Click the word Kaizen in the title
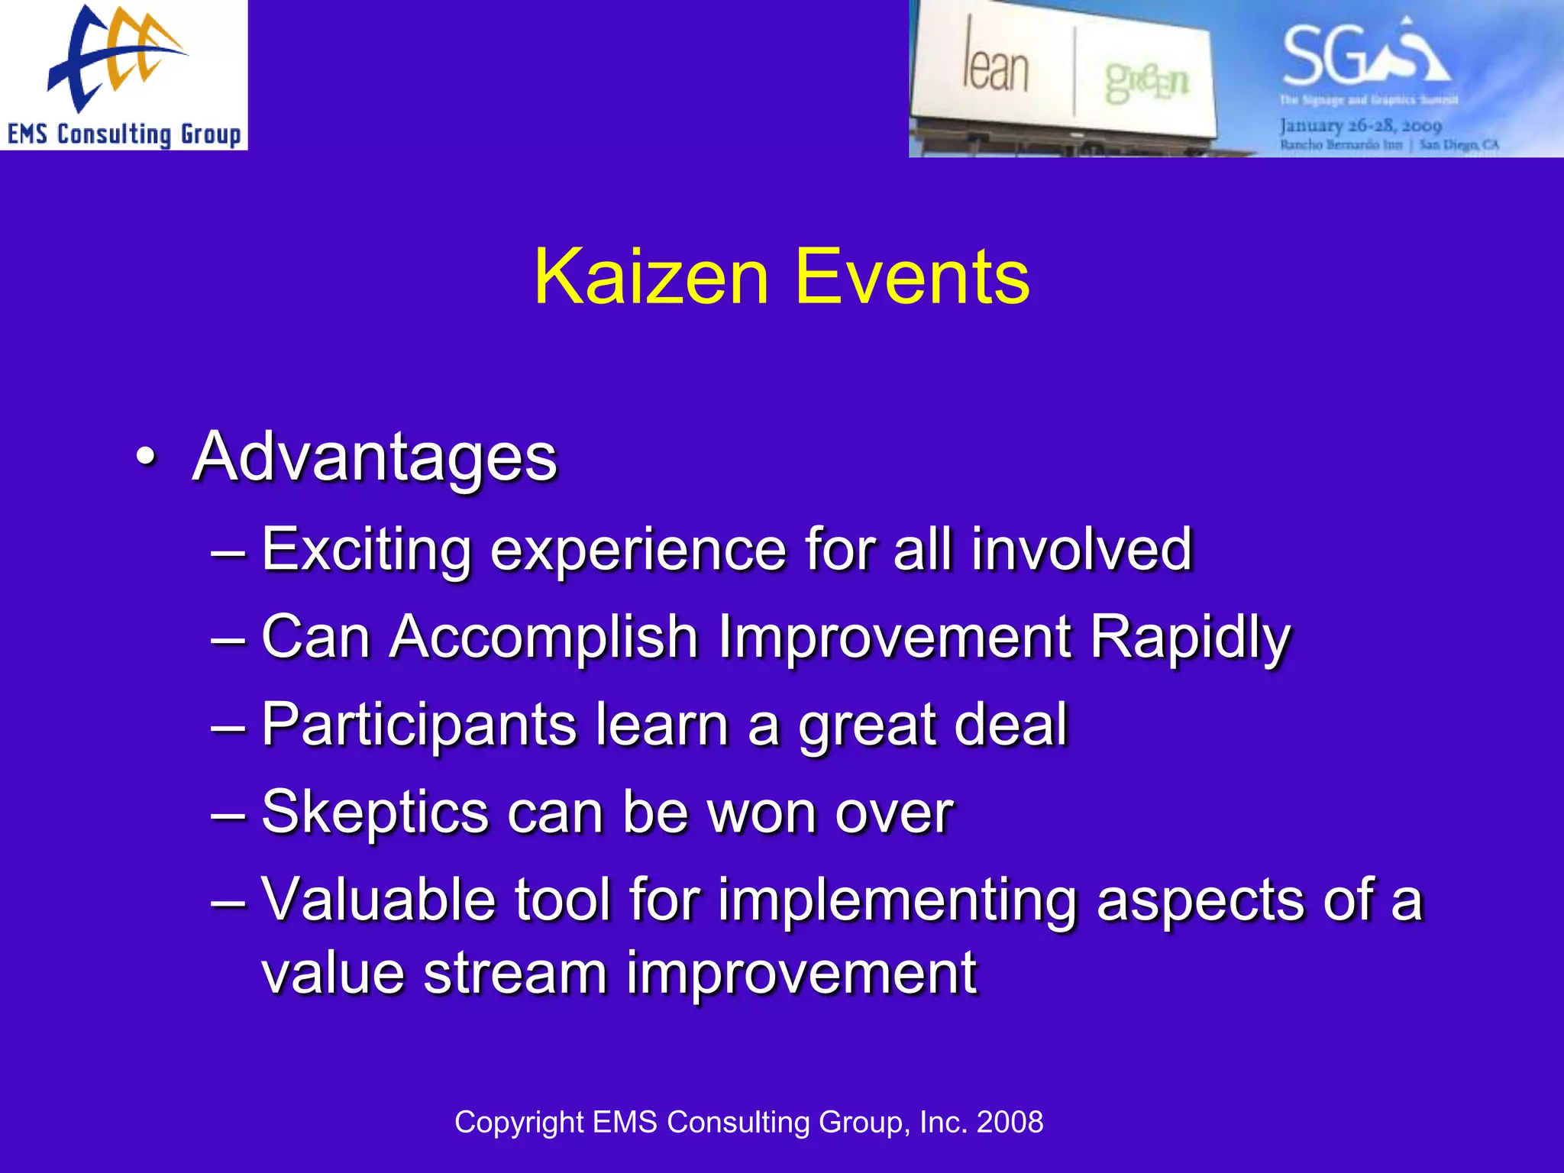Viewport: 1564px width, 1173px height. pos(651,278)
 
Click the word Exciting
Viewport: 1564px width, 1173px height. pos(367,550)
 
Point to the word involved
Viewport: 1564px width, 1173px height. pos(1081,550)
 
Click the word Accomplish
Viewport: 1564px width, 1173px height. pos(544,637)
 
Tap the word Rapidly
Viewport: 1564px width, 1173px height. pos(1190,637)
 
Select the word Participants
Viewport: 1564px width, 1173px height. pos(418,725)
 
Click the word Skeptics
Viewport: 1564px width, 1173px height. pos(375,813)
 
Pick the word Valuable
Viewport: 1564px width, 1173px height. pos(378,900)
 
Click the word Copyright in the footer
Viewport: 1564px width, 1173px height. pos(519,1123)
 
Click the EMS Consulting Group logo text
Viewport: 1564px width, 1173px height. pos(124,134)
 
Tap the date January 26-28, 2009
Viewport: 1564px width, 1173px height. pos(1361,125)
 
